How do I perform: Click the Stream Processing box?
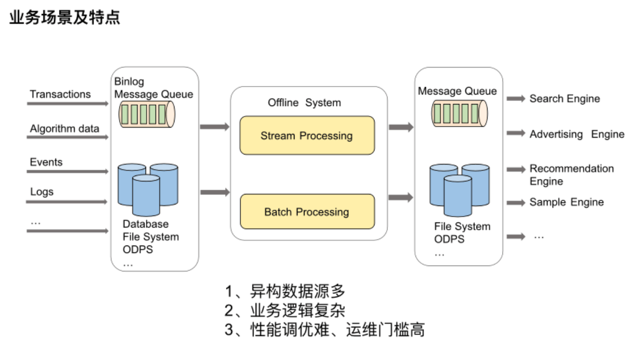pos(307,135)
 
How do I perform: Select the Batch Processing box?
pos(307,211)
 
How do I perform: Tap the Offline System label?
pos(304,102)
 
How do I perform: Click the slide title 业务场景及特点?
pos(65,18)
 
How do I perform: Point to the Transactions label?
pos(60,94)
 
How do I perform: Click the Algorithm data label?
pos(64,128)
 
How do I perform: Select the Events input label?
pos(46,162)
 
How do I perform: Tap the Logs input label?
pos(41,191)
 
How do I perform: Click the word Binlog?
pos(129,81)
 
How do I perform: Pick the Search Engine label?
pos(564,98)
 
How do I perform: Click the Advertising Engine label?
pos(577,134)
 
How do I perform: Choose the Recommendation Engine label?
pos(571,174)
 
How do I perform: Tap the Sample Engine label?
pos(566,202)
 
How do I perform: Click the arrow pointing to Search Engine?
pos(515,99)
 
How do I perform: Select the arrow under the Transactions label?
pos(67,104)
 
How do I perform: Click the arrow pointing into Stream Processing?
pos(214,127)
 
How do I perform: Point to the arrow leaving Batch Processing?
pos(401,198)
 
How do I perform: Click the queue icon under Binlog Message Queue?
pos(146,114)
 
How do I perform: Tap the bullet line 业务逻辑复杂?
pos(285,310)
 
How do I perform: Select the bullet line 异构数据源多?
pos(285,291)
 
